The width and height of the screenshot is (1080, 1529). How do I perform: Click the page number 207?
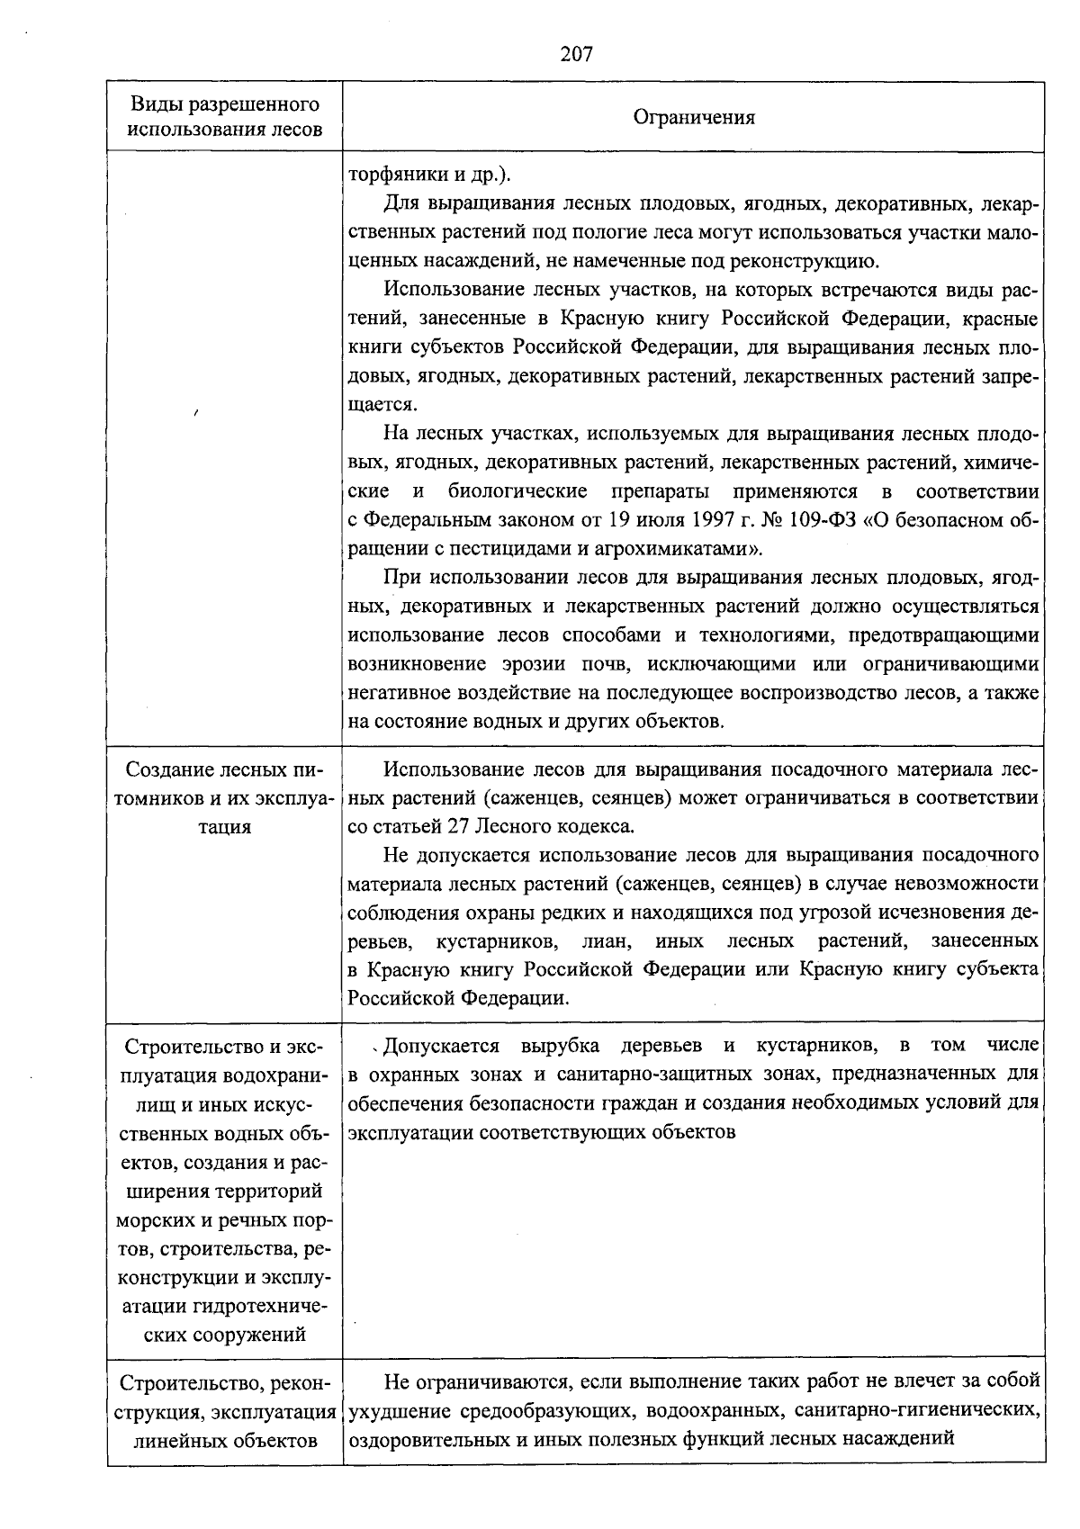[x=576, y=54]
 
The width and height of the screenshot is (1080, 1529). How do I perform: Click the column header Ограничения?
[x=694, y=117]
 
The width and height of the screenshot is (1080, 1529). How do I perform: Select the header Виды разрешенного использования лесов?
[x=224, y=116]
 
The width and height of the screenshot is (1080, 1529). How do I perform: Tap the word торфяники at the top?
[x=393, y=175]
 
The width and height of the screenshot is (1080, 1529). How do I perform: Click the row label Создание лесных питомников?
[x=224, y=797]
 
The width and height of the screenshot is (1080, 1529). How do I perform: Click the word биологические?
[x=517, y=491]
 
